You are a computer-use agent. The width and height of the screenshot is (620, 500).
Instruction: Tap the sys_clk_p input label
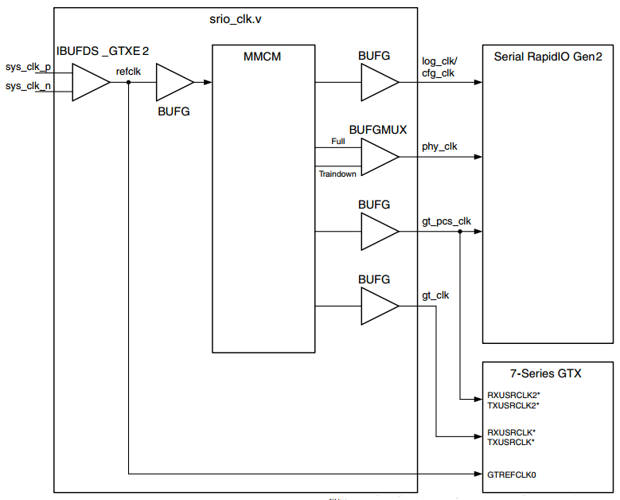point(28,68)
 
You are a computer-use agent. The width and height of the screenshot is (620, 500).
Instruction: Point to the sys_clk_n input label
point(28,86)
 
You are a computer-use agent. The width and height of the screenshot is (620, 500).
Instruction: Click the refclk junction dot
point(128,82)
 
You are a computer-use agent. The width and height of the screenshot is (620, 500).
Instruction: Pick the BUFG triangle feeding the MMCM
point(172,82)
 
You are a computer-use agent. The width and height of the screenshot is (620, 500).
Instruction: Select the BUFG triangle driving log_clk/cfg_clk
point(377,82)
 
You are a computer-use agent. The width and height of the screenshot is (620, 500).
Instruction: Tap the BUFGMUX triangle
point(377,157)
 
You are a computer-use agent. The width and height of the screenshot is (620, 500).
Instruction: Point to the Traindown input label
point(337,173)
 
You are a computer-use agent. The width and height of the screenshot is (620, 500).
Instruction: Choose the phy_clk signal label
point(439,146)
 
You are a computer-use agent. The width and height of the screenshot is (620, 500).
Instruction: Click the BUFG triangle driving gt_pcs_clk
point(377,232)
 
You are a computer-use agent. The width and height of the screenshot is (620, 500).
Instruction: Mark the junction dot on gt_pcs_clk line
point(460,232)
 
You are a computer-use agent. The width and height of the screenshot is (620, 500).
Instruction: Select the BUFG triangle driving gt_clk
point(377,307)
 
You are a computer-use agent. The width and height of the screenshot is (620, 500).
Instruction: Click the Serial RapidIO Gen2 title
point(548,57)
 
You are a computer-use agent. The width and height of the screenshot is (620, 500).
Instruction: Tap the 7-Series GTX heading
point(548,373)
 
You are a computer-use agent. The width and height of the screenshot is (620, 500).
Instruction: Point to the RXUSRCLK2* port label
point(513,395)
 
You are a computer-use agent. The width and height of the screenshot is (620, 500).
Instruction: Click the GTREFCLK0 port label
point(511,475)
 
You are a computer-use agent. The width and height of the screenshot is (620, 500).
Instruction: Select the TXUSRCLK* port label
point(511,442)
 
